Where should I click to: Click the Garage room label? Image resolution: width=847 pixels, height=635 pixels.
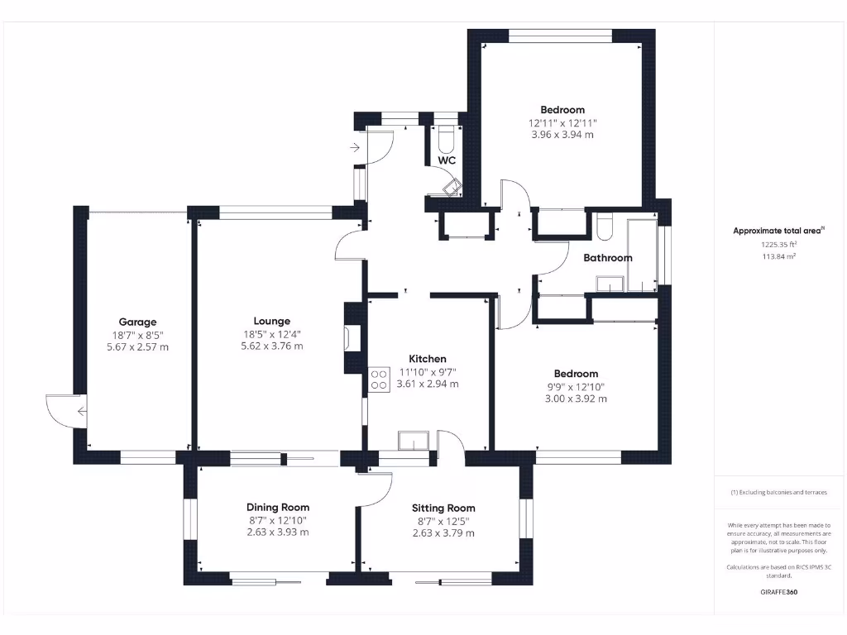pos(137,322)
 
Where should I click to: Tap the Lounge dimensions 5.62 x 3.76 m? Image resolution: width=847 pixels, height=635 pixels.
pos(266,346)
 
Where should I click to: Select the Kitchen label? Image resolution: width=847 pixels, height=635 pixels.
pos(428,359)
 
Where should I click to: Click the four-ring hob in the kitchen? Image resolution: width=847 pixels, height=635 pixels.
pos(379,379)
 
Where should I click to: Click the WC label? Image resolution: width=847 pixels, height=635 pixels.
pos(447,160)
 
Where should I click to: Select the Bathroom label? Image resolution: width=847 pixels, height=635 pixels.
pos(607,258)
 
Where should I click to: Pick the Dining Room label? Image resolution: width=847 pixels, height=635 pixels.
pos(278,507)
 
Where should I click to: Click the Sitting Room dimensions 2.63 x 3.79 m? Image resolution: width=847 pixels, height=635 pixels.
pos(443,532)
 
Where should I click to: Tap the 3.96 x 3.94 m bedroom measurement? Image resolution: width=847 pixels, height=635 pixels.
pos(562,134)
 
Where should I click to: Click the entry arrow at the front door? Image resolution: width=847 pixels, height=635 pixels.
pos(356,147)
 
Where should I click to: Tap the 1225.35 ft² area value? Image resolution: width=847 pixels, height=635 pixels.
pos(779,245)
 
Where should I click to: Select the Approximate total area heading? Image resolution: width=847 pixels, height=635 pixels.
pos(778,231)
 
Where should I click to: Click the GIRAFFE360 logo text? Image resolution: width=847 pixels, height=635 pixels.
pos(779,592)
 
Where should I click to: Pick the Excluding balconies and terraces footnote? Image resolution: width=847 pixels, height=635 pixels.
pos(778,492)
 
